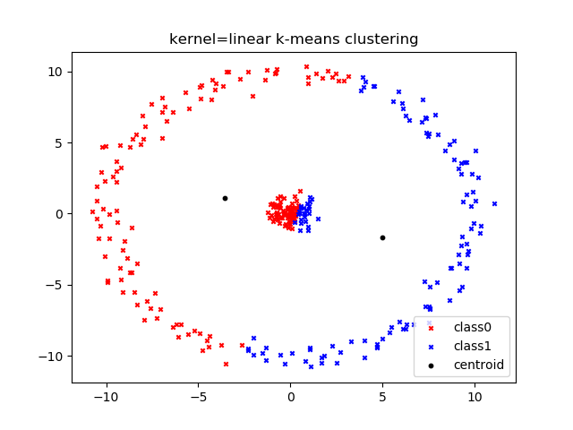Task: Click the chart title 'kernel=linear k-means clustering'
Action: tap(294, 39)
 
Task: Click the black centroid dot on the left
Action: tap(225, 198)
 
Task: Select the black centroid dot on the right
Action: tap(382, 237)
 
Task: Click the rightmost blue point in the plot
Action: tap(494, 203)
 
